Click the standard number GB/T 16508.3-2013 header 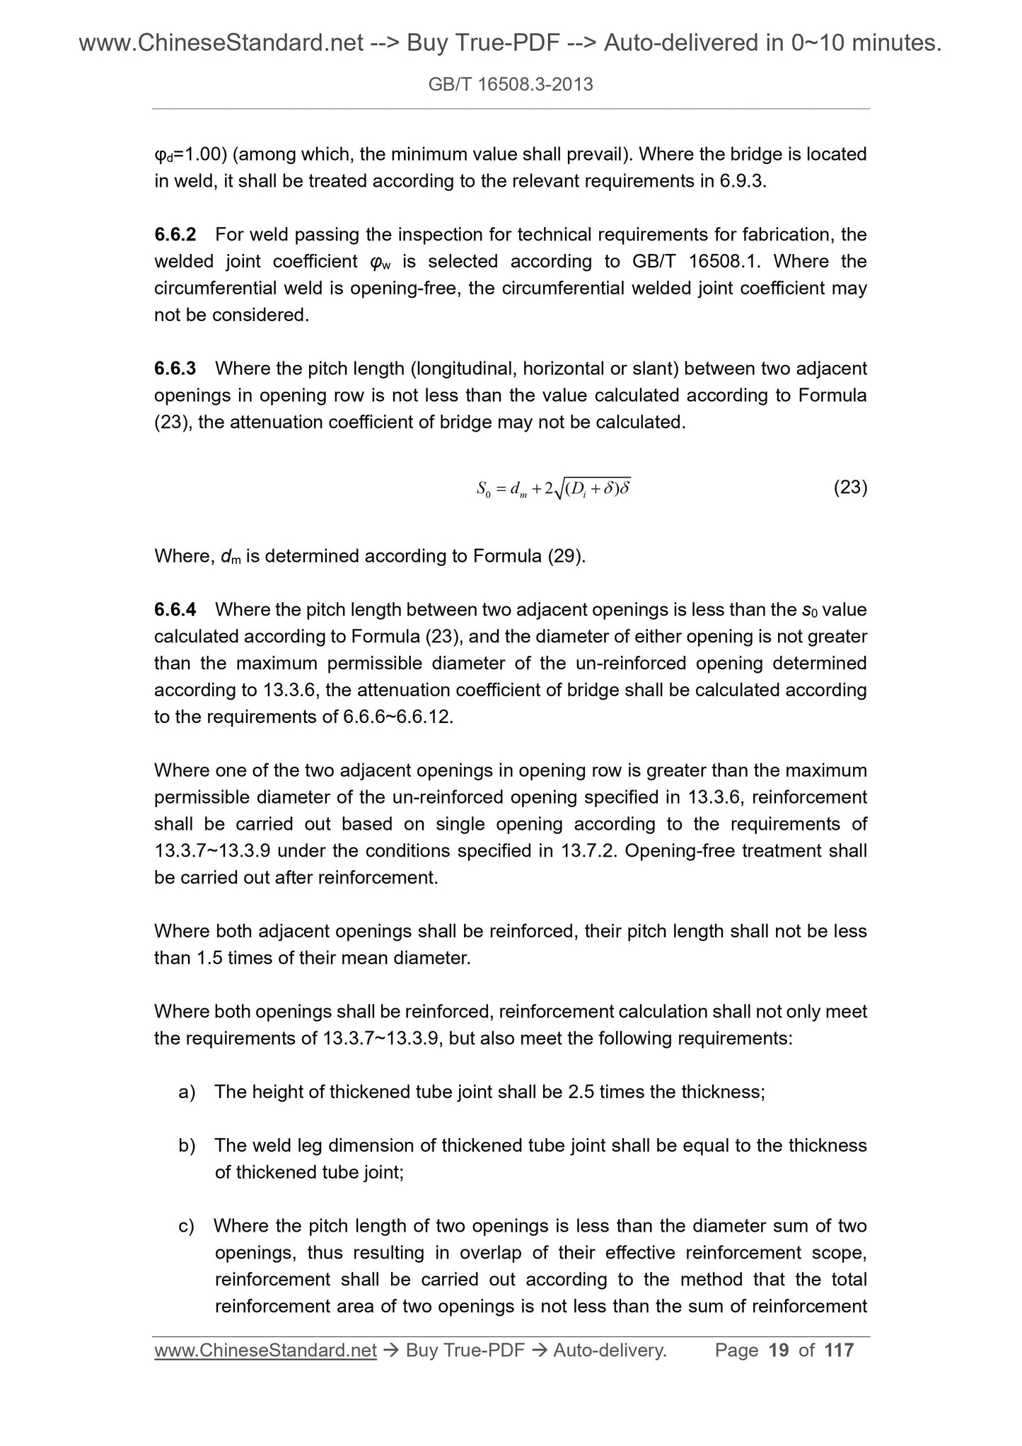click(511, 85)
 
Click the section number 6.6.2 click(175, 234)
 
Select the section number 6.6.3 click(175, 369)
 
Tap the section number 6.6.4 click(175, 610)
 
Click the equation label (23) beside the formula click(850, 487)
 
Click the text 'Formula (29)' click(529, 556)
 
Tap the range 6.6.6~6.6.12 click(397, 717)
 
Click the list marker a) click(187, 1092)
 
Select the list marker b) click(187, 1145)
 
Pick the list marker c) click(187, 1226)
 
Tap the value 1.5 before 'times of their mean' click(210, 959)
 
